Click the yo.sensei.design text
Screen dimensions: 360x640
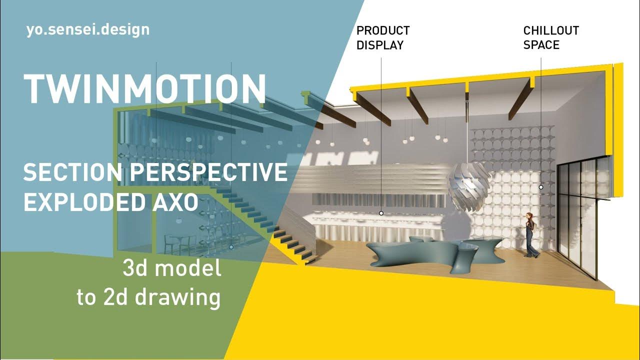coord(88,29)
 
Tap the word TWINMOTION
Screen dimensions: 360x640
coord(145,88)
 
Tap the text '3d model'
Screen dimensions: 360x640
coord(171,269)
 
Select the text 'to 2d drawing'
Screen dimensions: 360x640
coord(148,297)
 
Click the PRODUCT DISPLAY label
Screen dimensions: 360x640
coord(382,38)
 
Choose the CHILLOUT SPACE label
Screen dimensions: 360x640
coord(550,38)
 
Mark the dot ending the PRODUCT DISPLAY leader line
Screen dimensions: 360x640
coord(381,213)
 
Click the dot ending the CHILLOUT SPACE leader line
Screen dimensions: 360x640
coord(540,187)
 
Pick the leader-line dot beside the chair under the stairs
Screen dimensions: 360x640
coord(231,247)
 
